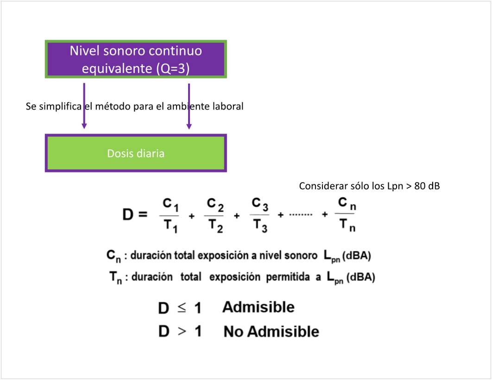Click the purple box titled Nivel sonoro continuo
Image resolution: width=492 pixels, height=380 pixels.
(136, 59)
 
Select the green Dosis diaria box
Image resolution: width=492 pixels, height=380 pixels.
(136, 153)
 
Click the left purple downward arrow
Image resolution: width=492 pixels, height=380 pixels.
(84, 106)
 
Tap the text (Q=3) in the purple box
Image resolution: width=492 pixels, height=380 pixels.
(172, 69)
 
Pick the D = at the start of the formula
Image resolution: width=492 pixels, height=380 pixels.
(134, 215)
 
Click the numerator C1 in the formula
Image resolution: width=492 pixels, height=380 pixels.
(170, 204)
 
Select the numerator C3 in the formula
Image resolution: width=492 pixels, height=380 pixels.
(259, 204)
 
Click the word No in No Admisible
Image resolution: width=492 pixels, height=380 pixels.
(233, 331)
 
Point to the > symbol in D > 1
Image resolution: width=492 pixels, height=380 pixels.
(181, 331)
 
